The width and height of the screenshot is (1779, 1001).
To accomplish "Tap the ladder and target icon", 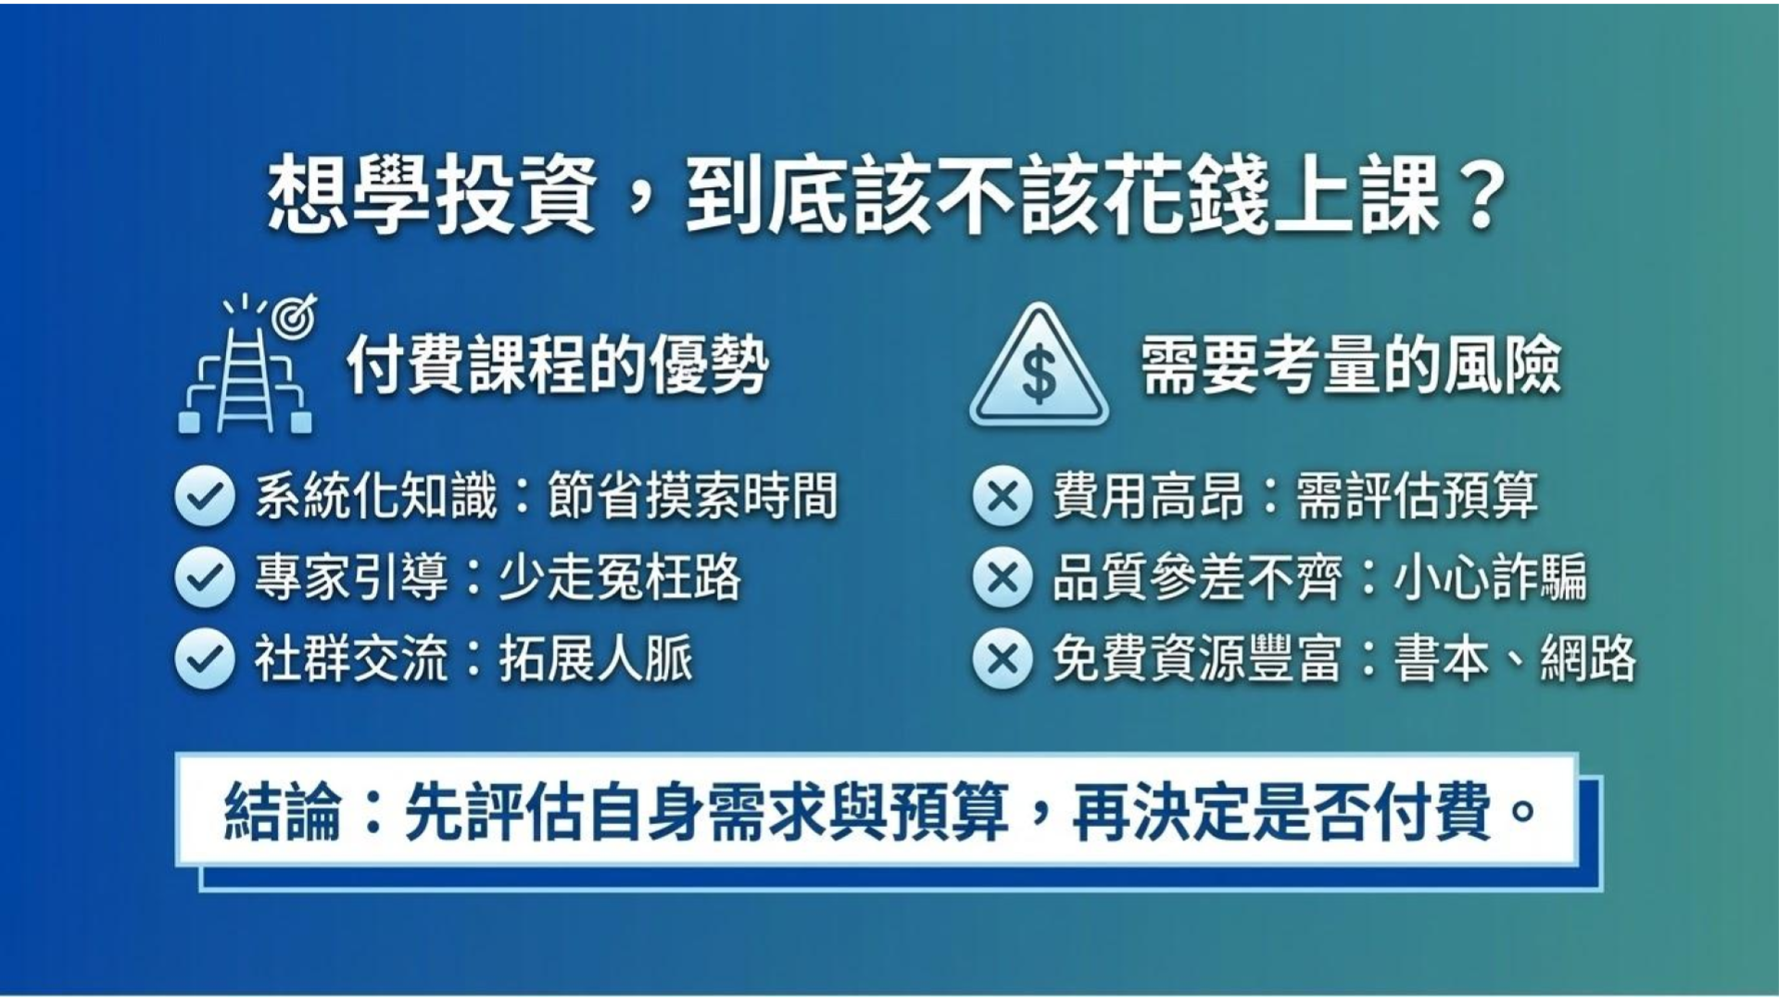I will (x=246, y=365).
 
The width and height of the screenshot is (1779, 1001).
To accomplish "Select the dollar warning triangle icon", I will (x=1039, y=367).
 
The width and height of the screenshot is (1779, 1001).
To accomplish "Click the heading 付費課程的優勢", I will (x=558, y=365).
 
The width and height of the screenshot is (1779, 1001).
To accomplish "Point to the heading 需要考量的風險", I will (x=1350, y=365).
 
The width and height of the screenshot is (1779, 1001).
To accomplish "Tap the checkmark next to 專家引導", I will (x=204, y=577).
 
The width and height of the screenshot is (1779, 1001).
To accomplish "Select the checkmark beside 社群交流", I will (x=204, y=659).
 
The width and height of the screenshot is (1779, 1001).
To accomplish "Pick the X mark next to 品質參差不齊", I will (x=1003, y=577).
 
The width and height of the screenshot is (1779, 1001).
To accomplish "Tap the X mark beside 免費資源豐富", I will (x=1003, y=659).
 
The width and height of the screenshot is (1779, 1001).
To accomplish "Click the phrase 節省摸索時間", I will (x=692, y=496).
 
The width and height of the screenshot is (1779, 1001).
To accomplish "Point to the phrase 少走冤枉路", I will (x=619, y=577).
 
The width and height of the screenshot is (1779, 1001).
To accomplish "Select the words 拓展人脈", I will (x=596, y=659).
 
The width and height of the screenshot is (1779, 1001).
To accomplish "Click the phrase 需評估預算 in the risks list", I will (x=1417, y=496).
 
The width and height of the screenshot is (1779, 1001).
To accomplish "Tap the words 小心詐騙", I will (x=1490, y=577).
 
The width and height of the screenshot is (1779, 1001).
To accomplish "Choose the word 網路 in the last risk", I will (x=1588, y=659).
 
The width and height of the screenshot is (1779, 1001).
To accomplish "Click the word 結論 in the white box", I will (x=283, y=813).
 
